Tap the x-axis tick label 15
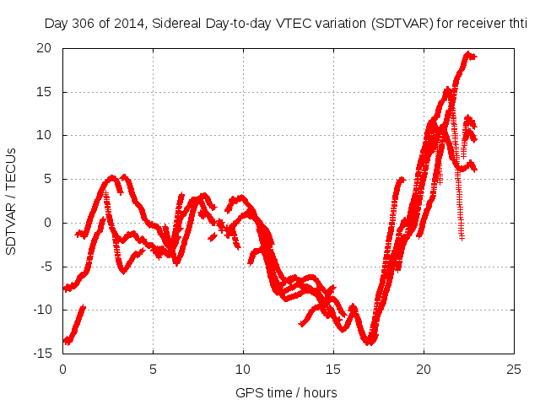coord(334,369)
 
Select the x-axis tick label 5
coord(153,369)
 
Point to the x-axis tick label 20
coord(424,369)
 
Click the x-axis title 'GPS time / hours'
coord(286,392)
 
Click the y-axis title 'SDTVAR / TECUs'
coord(12,200)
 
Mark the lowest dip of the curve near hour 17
coord(370,342)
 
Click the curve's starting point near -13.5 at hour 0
coord(67,341)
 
